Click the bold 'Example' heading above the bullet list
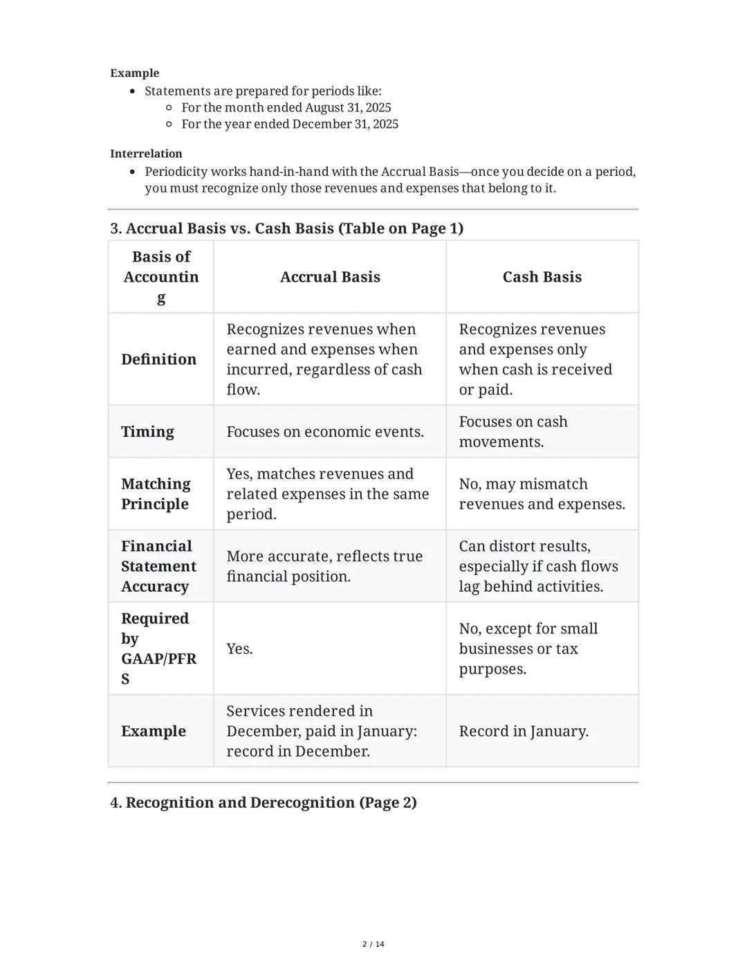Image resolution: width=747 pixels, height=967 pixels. [x=134, y=73]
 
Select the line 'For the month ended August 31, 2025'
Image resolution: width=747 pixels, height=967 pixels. [x=286, y=107]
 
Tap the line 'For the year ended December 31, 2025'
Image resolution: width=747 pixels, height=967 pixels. [x=289, y=124]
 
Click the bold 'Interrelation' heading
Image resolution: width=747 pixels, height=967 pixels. [x=146, y=154]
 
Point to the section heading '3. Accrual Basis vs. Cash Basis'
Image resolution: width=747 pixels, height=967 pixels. [x=286, y=228]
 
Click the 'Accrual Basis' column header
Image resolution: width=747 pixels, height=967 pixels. [x=330, y=277]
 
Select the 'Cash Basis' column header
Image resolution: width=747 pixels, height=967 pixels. [x=542, y=277]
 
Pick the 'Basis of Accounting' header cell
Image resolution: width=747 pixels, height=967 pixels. [x=161, y=277]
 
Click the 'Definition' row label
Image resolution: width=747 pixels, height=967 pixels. [x=158, y=359]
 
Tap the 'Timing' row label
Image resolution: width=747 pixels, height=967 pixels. [x=147, y=432]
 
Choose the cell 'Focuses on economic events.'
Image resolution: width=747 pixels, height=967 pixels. [x=325, y=432]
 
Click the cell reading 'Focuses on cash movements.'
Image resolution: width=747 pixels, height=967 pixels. [x=513, y=432]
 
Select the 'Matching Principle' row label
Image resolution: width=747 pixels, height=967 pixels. [x=156, y=494]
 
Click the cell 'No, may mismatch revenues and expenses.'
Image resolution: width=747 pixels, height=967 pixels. [x=542, y=494]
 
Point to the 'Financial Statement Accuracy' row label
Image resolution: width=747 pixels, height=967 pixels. [x=158, y=566]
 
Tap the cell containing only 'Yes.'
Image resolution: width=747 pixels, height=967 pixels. [x=239, y=649]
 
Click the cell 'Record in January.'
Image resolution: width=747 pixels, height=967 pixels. [x=524, y=731]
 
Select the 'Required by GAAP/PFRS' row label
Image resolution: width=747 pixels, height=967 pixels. [x=158, y=649]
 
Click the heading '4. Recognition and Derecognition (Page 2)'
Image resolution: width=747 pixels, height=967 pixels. [x=263, y=803]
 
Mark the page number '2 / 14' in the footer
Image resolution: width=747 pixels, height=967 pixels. [x=373, y=944]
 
